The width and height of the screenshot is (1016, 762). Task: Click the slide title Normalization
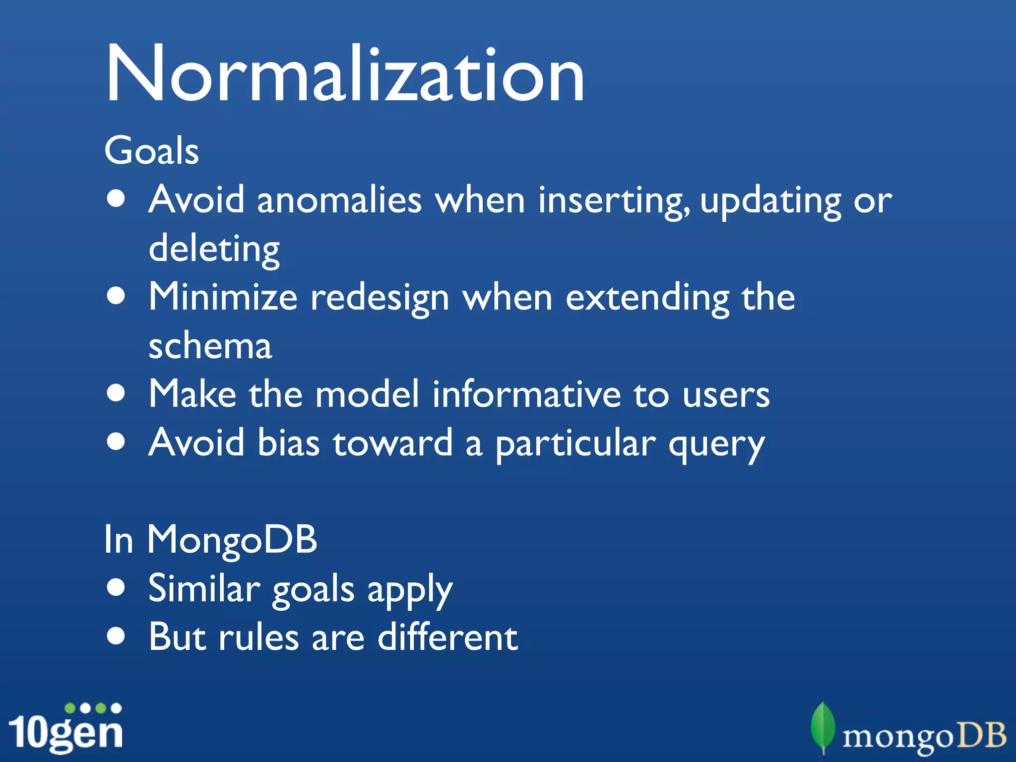point(345,74)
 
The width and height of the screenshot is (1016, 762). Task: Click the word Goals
point(151,151)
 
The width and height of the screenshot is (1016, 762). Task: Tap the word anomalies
point(339,200)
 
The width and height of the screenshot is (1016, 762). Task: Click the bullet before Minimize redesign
point(116,296)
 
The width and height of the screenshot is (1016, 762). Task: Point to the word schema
point(210,346)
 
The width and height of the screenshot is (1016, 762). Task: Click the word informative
point(526,394)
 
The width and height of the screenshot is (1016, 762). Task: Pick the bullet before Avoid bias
point(116,441)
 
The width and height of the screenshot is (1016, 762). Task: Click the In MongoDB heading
point(210,540)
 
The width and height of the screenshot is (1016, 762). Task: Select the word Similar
point(204,588)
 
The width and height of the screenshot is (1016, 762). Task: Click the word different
point(447,637)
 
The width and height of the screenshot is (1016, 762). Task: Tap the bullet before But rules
point(116,635)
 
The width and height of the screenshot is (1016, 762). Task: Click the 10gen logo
point(66,728)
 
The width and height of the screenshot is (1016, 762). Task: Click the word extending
point(647,298)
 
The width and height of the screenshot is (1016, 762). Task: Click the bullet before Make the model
point(116,393)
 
